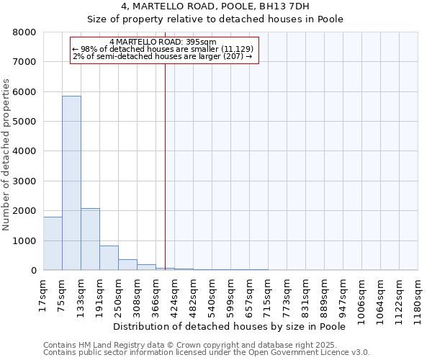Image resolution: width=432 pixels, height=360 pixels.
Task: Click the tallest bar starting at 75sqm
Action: point(71,183)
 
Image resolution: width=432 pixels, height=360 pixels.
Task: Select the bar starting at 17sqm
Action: point(53,243)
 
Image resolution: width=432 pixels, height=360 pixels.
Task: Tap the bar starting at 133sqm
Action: point(90,239)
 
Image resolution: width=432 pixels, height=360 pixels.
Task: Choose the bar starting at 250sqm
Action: point(127,264)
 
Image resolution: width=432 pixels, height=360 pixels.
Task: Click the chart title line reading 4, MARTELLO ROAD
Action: point(215,7)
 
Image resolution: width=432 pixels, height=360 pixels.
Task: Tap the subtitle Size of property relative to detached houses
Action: point(215,19)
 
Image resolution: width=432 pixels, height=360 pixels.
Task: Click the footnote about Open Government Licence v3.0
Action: point(206,353)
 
